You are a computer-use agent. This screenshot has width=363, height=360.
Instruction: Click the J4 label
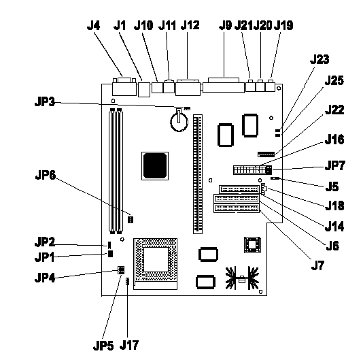93,25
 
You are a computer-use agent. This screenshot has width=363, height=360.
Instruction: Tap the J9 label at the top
225,25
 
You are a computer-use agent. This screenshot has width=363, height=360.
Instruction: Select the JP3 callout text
45,102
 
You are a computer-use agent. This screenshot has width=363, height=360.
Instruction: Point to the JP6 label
46,175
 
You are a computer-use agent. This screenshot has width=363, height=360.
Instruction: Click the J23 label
319,60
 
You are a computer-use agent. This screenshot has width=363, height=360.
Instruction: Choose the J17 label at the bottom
129,345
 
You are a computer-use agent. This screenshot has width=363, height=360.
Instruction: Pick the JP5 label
103,346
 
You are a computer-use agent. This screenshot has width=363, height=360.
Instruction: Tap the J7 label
317,265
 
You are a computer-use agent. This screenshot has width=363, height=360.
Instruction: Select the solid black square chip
155,166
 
